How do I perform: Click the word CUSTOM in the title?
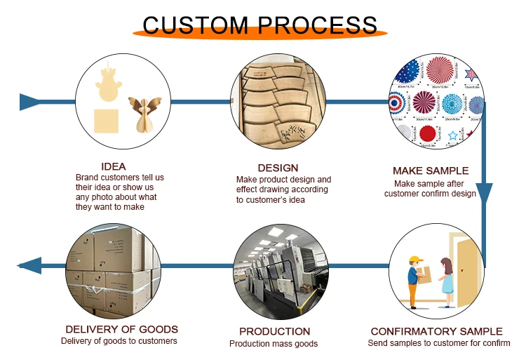pyautogui.click(x=195, y=26)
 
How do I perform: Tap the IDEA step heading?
pyautogui.click(x=114, y=167)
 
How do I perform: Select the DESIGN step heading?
pyautogui.click(x=278, y=168)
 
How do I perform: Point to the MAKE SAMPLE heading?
pyautogui.click(x=431, y=171)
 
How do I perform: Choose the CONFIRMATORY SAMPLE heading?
pyautogui.click(x=436, y=331)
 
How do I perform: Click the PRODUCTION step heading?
pyautogui.click(x=274, y=331)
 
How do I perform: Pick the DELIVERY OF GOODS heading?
pyautogui.click(x=121, y=329)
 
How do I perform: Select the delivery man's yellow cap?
pyautogui.click(x=416, y=258)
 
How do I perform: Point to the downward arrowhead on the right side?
pyautogui.click(x=484, y=193)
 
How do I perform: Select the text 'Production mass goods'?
pyautogui.click(x=274, y=344)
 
